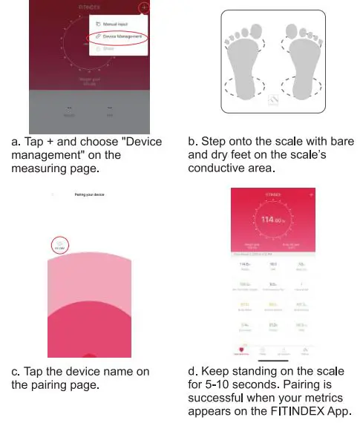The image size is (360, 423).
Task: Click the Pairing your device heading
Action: pos(88,194)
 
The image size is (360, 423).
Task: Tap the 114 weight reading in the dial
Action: pos(271,219)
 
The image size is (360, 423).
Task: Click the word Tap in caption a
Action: pos(35,141)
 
